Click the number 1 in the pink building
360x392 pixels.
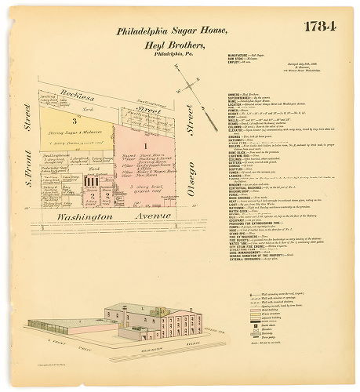point(145,146)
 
